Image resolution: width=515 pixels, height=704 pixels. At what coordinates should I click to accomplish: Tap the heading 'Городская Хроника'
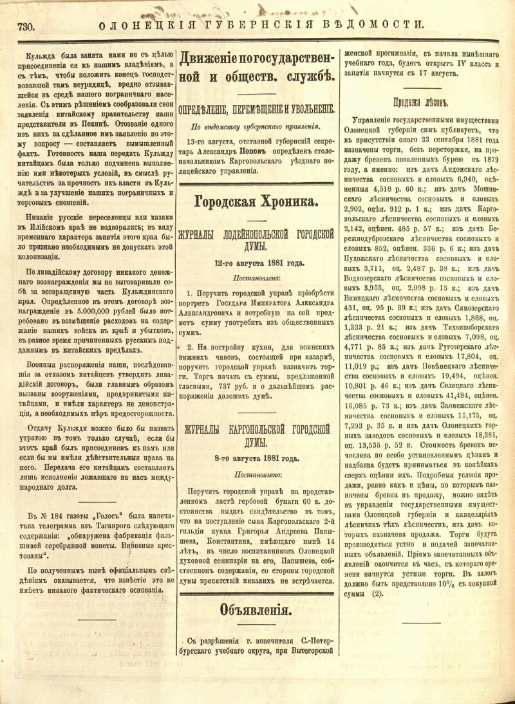click(256, 202)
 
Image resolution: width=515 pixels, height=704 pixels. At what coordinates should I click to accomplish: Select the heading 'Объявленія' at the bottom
click(256, 609)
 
